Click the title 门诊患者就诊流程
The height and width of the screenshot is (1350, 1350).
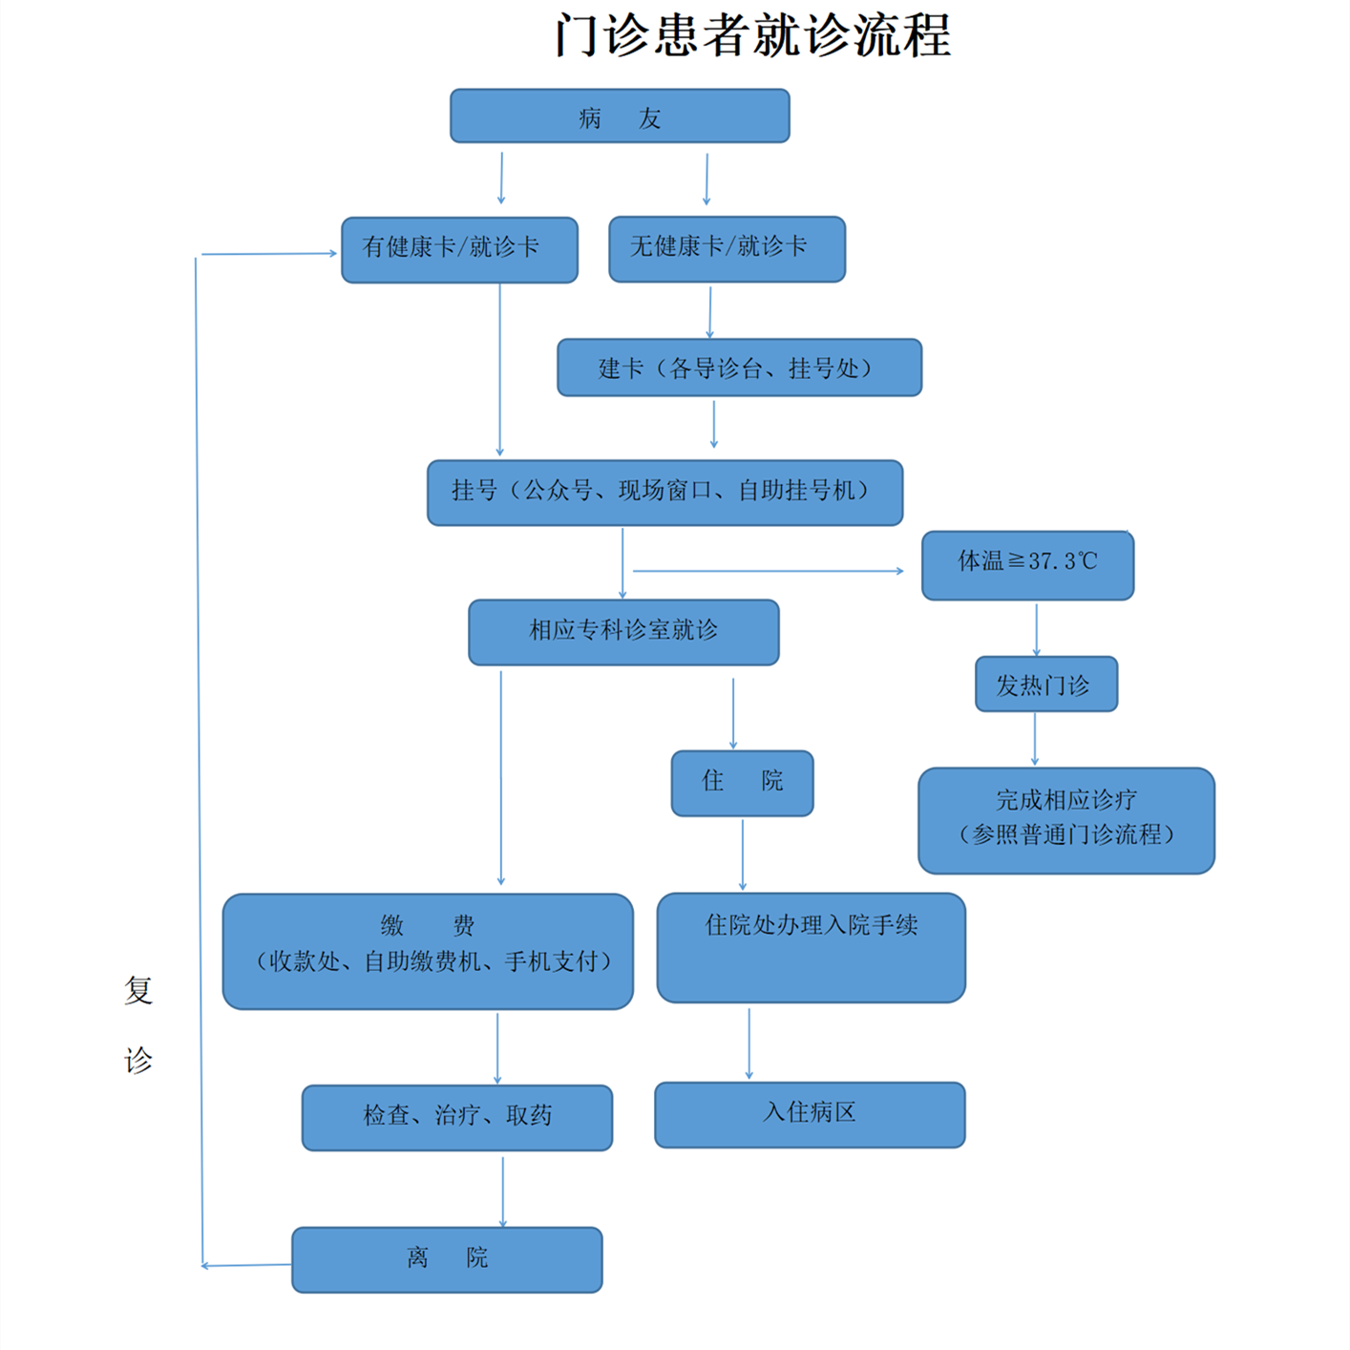(x=753, y=35)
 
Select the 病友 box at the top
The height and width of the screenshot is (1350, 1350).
(x=620, y=116)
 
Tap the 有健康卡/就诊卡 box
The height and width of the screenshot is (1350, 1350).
(x=459, y=250)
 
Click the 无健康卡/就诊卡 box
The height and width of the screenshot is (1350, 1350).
(x=728, y=249)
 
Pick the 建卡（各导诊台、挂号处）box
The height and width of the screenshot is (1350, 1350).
(x=740, y=368)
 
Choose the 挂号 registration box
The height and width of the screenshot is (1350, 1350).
(x=664, y=493)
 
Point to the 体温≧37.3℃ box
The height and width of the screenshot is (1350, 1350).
(x=1027, y=564)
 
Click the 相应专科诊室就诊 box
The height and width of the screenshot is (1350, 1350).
(x=623, y=632)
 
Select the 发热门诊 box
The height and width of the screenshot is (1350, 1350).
(x=1046, y=684)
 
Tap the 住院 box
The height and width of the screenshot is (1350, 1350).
(x=743, y=783)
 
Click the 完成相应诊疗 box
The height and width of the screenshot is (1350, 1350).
(x=1066, y=820)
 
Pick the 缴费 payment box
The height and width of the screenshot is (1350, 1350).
(x=428, y=951)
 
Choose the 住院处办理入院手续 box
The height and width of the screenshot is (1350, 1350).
(x=812, y=948)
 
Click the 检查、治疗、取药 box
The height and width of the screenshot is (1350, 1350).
(x=457, y=1118)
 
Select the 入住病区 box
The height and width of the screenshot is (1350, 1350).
(x=810, y=1115)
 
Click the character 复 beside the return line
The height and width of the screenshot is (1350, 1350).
(x=138, y=990)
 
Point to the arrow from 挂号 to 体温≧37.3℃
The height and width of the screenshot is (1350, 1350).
(x=769, y=571)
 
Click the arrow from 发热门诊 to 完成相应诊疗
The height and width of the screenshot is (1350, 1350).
(x=1035, y=738)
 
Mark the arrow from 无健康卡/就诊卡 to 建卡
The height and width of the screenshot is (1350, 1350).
(x=709, y=312)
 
